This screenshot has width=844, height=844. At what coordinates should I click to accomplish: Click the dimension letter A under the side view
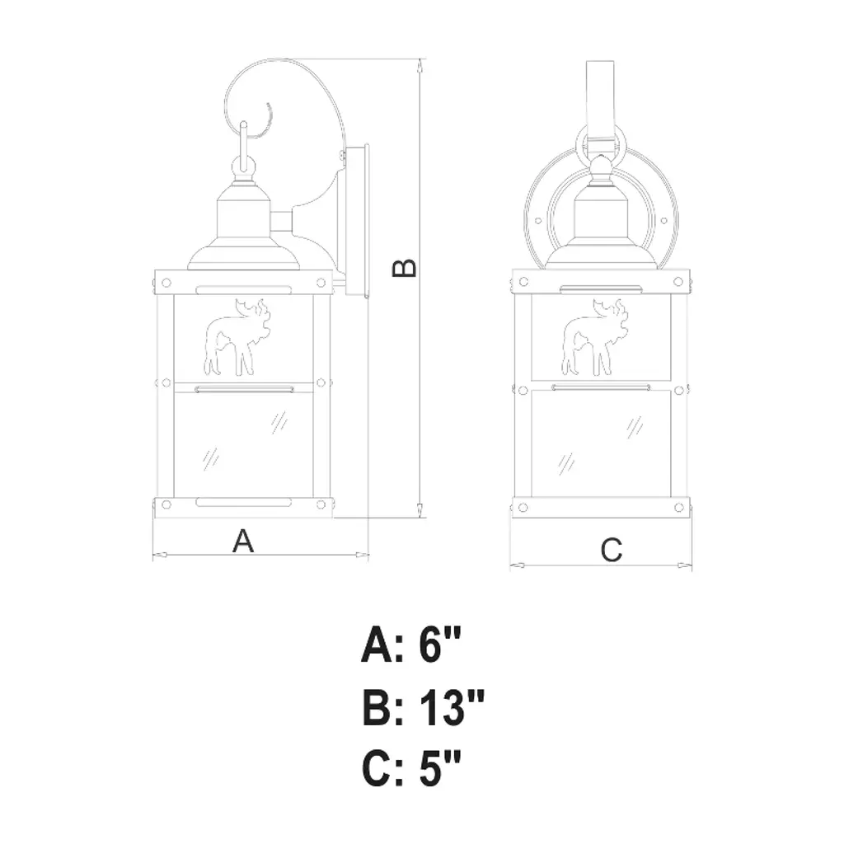[243, 541]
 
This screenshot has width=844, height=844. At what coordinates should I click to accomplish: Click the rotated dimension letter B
[404, 268]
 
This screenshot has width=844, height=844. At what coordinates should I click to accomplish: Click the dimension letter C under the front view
[612, 550]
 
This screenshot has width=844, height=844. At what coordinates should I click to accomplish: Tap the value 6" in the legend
[440, 645]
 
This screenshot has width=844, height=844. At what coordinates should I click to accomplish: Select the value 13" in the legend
[451, 707]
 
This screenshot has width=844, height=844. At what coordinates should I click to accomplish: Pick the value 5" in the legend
[440, 769]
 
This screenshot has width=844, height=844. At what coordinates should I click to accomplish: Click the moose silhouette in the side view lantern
[237, 337]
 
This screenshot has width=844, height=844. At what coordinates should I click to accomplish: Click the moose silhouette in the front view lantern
[594, 337]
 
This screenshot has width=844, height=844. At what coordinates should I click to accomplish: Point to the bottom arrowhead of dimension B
[420, 510]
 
